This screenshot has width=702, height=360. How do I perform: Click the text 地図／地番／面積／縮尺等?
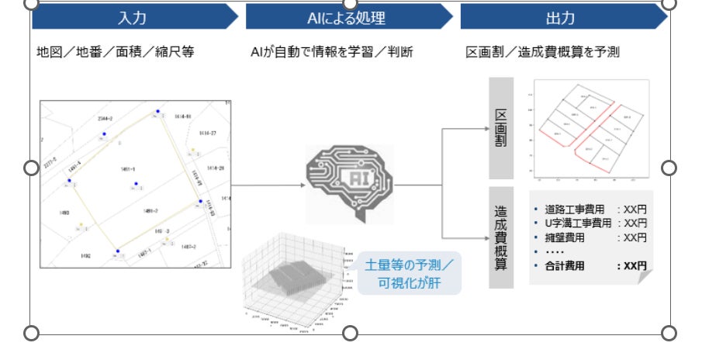[115, 53]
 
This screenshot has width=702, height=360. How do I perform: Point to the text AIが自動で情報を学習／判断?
[331, 53]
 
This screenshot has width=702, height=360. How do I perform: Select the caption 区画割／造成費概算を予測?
[542, 53]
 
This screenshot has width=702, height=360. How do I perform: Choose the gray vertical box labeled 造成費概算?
[501, 237]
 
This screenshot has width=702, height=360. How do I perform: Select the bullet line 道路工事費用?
[590, 209]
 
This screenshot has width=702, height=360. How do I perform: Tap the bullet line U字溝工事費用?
[590, 223]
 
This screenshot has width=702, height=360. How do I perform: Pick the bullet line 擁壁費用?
[590, 237]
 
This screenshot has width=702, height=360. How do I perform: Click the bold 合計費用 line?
[590, 266]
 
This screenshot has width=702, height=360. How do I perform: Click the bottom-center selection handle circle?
[350, 333]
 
